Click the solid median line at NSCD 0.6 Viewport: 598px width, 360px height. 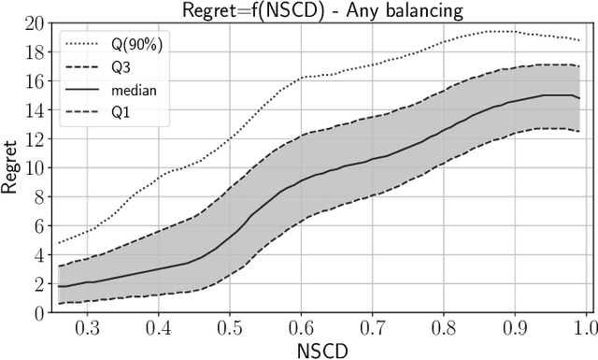point(301,180)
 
